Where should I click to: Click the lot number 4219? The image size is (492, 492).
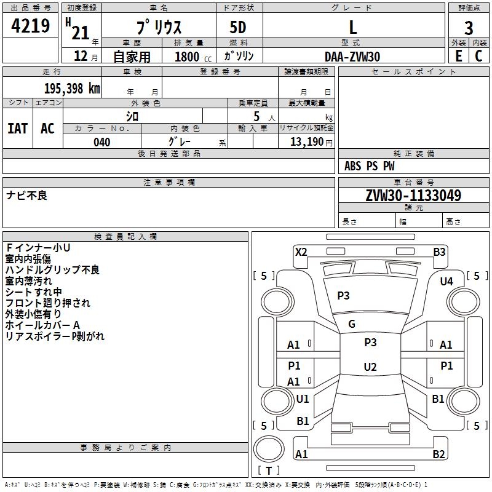point(30,26)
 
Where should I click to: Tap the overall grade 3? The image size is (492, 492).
point(469,28)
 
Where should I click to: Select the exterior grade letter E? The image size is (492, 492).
point(458,56)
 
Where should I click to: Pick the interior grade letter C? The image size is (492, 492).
point(478,56)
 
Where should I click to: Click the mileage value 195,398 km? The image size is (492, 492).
point(72,89)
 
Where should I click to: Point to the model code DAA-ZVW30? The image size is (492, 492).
point(352,57)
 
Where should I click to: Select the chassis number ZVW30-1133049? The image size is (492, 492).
point(413,196)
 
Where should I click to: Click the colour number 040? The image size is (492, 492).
point(101,142)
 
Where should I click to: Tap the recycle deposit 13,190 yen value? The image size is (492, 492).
point(311,142)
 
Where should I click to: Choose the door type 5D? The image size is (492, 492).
point(238,28)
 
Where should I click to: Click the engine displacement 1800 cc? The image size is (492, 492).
point(193,57)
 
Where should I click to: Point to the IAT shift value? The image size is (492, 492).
point(18,129)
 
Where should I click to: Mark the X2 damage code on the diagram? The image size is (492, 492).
point(301,252)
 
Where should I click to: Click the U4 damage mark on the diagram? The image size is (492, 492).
point(446,282)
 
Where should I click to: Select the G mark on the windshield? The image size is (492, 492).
point(352,324)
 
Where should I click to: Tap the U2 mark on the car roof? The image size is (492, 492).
point(370,367)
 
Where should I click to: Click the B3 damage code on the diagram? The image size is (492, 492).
point(439,252)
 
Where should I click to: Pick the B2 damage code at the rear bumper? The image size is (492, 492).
point(438,454)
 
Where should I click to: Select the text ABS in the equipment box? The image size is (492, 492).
point(352,166)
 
